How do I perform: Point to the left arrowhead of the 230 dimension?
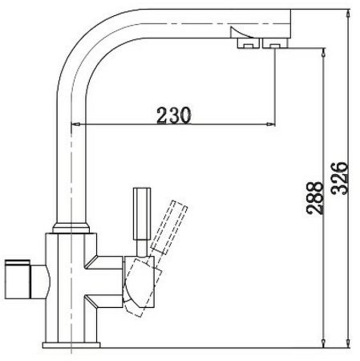78,124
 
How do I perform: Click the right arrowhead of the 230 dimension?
272,124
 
